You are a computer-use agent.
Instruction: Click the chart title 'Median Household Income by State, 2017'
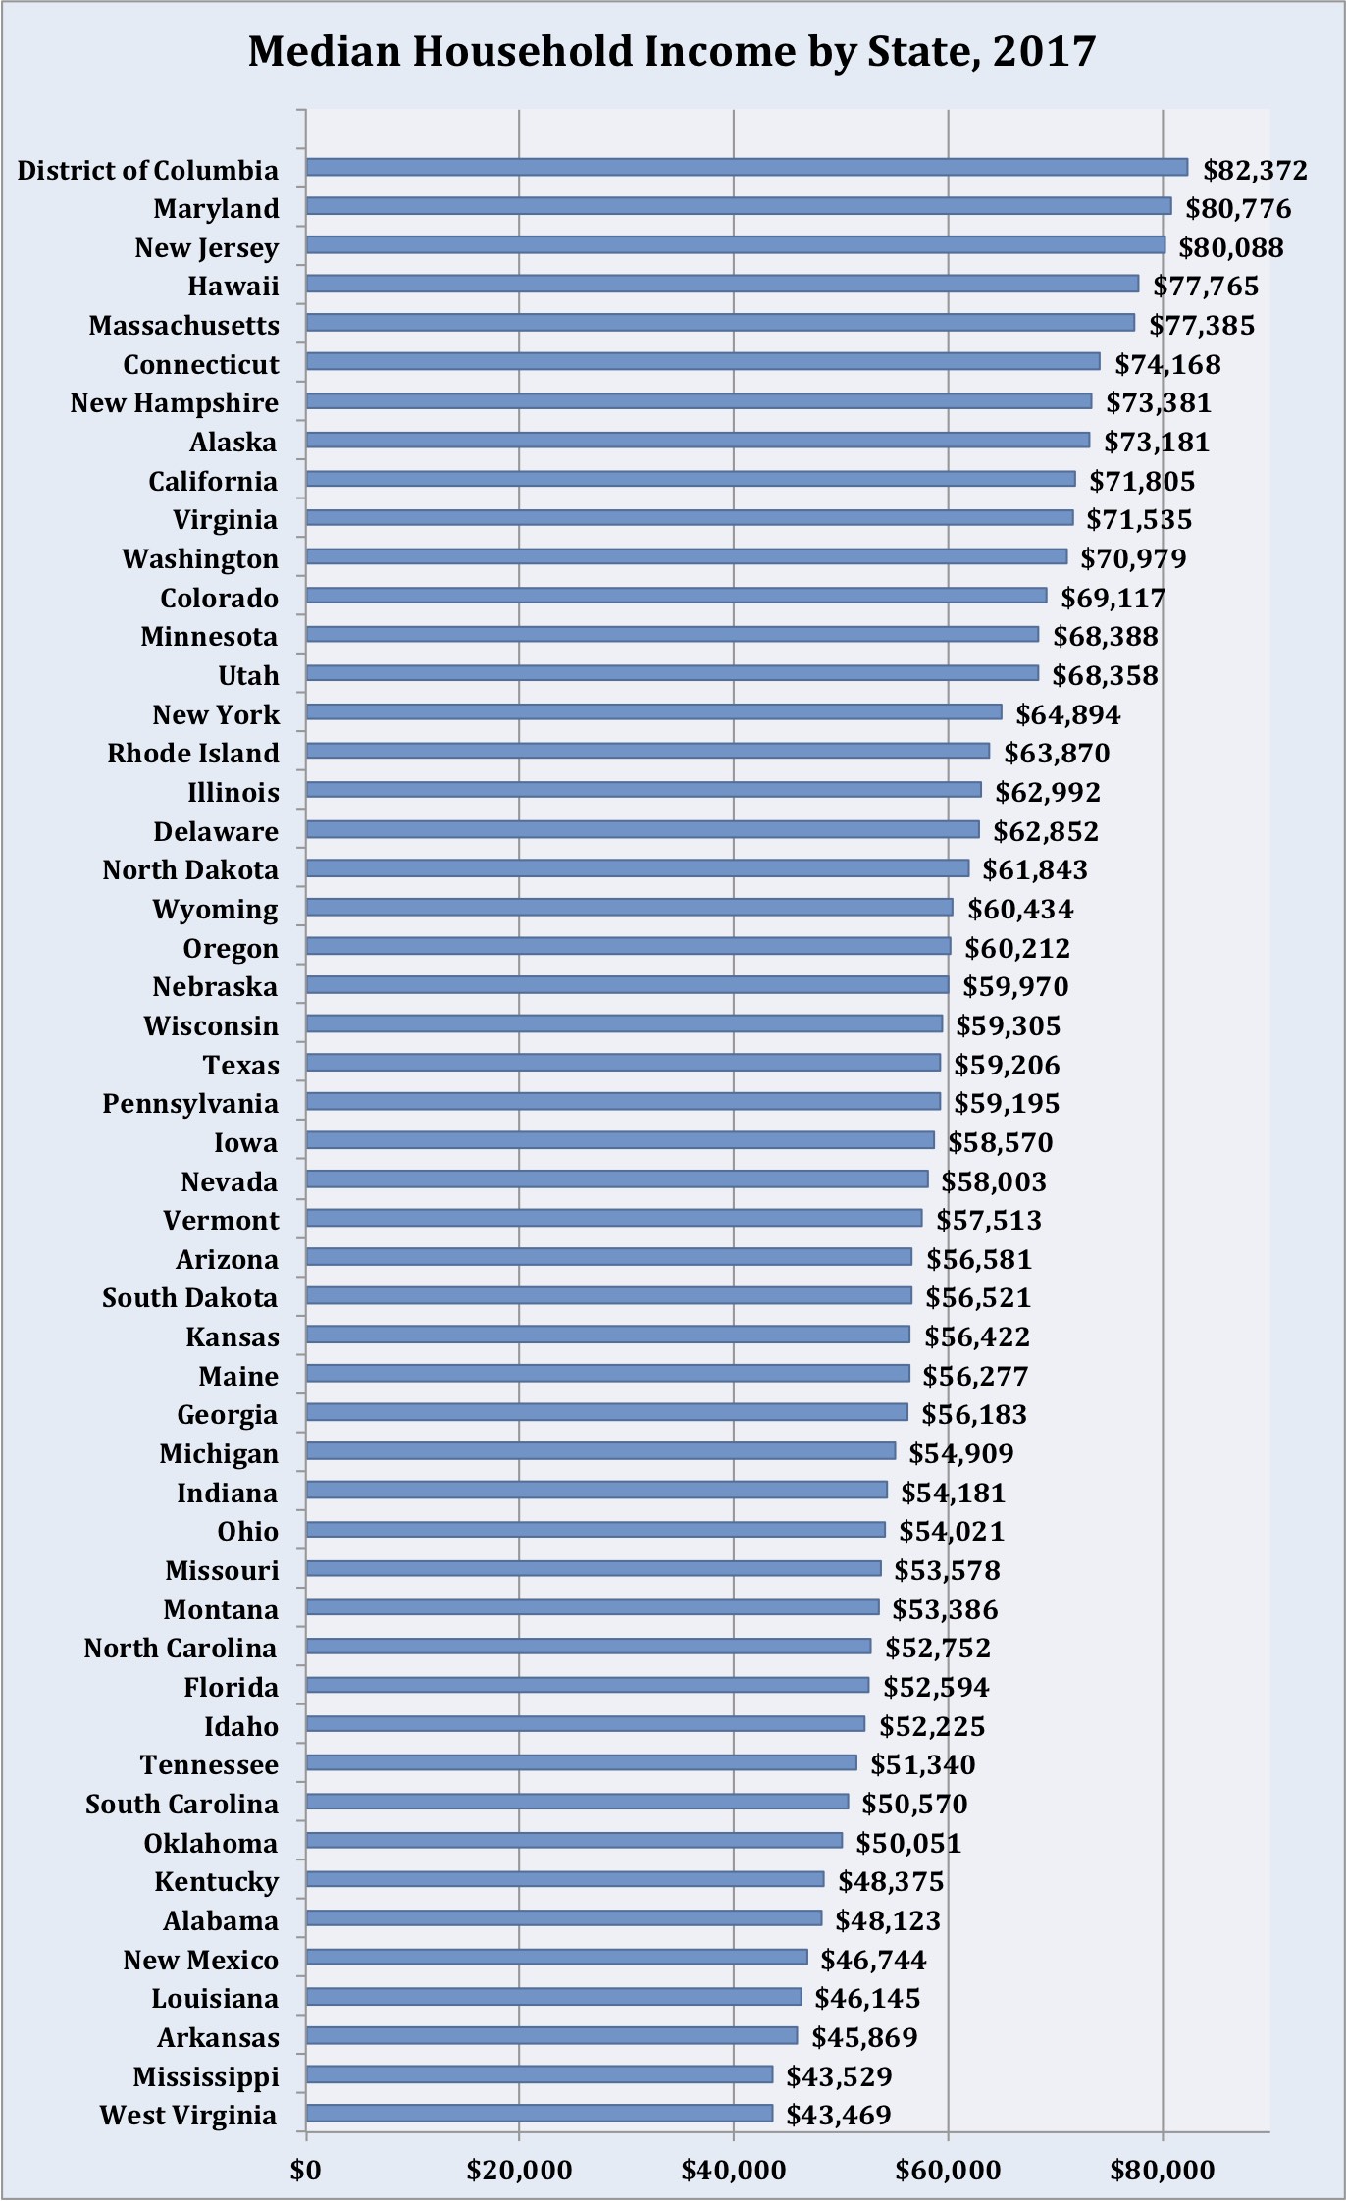(x=672, y=51)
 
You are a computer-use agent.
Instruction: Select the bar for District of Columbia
(x=746, y=168)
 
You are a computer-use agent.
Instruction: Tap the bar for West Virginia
(x=539, y=2114)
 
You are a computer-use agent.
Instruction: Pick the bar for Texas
(x=623, y=1063)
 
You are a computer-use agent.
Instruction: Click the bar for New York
(x=653, y=712)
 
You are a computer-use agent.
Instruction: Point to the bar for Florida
(x=587, y=1686)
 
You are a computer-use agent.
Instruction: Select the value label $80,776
(x=1238, y=208)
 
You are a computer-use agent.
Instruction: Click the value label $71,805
(x=1142, y=481)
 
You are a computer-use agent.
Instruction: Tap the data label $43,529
(x=839, y=2076)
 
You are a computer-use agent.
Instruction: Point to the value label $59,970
(x=1015, y=986)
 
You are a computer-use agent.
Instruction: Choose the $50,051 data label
(x=908, y=1843)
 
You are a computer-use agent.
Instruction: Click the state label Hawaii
(x=233, y=287)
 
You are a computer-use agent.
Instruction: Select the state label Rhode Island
(x=193, y=754)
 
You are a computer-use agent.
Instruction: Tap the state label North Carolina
(x=181, y=1649)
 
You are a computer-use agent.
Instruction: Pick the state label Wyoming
(x=215, y=910)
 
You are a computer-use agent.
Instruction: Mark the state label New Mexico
(x=201, y=1960)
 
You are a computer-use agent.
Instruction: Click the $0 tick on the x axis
(x=306, y=2170)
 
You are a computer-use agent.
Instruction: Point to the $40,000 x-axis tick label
(x=734, y=2170)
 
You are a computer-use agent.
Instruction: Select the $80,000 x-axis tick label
(x=1163, y=2170)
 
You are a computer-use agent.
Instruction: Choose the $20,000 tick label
(x=519, y=2170)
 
